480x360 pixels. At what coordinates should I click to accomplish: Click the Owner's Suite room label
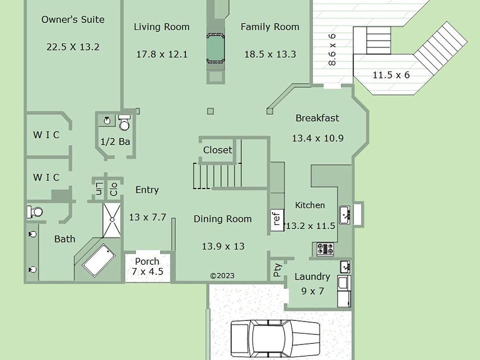tap(73, 19)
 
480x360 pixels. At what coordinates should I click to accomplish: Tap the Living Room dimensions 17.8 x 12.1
tap(161, 54)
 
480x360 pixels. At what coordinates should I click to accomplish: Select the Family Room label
tap(269, 27)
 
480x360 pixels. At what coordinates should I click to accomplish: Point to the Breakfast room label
tap(317, 118)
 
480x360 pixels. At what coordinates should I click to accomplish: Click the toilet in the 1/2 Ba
tap(124, 123)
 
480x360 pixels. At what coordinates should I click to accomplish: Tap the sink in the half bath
tap(107, 120)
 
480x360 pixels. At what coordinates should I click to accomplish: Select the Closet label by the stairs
tap(217, 150)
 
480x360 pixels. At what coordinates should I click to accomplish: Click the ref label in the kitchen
tap(276, 219)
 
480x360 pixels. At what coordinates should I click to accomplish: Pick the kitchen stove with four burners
tap(325, 249)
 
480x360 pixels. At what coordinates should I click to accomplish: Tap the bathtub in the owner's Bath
tap(99, 260)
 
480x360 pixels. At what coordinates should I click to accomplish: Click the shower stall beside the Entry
tap(112, 220)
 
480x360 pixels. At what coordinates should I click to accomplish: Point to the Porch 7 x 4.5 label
tap(147, 266)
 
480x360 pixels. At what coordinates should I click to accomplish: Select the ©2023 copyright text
tap(222, 276)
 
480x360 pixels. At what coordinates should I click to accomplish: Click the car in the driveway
tap(275, 340)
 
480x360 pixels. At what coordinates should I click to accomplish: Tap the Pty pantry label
tap(277, 270)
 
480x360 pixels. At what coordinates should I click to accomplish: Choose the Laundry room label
tap(312, 276)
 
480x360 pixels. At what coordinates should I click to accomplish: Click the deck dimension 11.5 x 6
tap(391, 75)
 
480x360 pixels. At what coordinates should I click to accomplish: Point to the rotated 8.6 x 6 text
tap(332, 49)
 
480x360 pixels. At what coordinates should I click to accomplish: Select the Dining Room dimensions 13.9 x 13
tap(223, 246)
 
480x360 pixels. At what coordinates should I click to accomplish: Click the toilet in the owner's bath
tap(34, 212)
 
